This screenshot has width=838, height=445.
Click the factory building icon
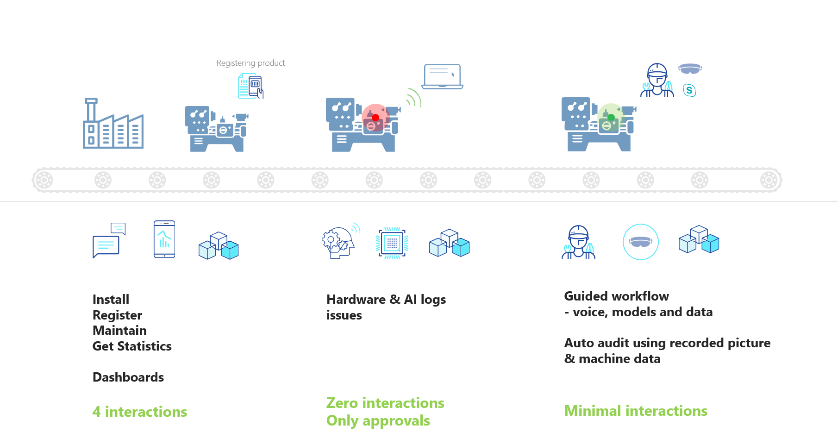(113, 124)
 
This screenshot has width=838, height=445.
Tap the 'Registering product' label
(250, 63)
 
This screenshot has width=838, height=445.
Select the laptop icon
(442, 76)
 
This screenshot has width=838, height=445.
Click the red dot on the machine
(375, 118)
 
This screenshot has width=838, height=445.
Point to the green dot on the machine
(611, 117)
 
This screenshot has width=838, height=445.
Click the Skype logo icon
(689, 90)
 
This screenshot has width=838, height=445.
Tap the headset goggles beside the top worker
(690, 69)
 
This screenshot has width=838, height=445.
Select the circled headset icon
(640, 242)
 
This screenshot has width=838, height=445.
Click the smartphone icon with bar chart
(164, 239)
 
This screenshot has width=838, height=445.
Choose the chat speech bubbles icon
(109, 240)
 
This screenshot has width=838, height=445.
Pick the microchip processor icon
(392, 243)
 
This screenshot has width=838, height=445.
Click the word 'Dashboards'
(128, 377)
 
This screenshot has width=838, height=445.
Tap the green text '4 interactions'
(140, 412)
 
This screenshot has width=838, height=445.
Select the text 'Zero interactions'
(385, 403)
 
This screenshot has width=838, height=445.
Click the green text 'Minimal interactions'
(636, 411)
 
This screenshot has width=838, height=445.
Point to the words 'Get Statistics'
(132, 346)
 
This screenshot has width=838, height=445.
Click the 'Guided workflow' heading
(616, 296)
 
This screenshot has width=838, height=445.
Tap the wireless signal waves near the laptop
(413, 98)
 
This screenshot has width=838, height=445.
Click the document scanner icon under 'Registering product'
(250, 86)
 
